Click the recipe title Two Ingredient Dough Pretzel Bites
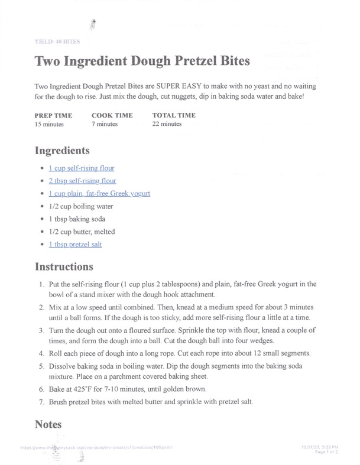(x=142, y=61)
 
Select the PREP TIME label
(x=53, y=115)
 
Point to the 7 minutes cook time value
(x=105, y=124)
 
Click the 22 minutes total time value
(x=167, y=124)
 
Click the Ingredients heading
(x=62, y=150)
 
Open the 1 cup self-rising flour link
(x=82, y=168)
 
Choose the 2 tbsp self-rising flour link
(x=82, y=181)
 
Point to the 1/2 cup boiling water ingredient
(x=81, y=206)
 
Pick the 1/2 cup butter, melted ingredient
(x=82, y=232)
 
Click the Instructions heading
(x=64, y=266)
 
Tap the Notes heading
(x=48, y=424)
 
